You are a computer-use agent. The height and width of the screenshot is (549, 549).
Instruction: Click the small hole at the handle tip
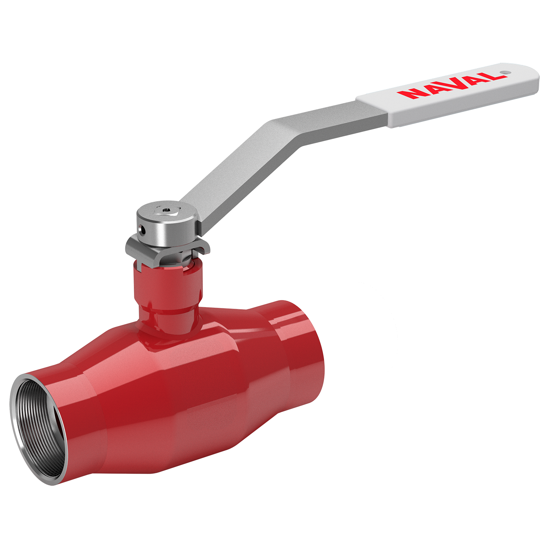pyautogui.click(x=504, y=72)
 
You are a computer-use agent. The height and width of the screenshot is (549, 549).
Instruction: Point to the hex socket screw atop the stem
pyautogui.click(x=166, y=211)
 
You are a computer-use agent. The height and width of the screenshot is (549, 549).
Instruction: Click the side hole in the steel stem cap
pyautogui.click(x=143, y=230)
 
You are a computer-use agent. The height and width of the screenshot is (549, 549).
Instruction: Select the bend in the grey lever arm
pyautogui.click(x=289, y=132)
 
